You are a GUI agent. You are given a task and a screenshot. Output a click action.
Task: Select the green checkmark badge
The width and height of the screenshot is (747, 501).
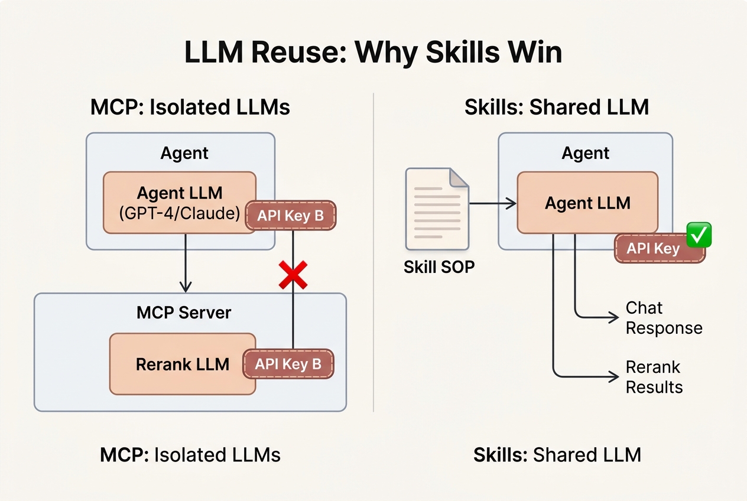699,235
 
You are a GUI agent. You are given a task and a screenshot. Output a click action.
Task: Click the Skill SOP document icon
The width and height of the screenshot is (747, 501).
437,209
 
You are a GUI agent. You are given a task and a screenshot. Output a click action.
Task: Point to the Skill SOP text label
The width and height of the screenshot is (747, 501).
439,267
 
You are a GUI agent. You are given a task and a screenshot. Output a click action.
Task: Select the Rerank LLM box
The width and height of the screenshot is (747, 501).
182,364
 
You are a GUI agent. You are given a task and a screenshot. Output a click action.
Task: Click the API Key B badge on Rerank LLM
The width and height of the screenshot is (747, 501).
288,364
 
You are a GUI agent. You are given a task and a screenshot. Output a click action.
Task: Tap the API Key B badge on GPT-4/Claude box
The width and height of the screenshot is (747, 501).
290,216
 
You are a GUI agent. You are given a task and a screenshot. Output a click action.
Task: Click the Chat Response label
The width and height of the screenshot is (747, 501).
663,318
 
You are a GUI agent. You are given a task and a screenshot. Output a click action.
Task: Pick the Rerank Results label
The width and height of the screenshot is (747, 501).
654,377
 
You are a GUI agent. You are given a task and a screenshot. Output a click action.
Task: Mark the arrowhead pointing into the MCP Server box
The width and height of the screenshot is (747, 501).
186,287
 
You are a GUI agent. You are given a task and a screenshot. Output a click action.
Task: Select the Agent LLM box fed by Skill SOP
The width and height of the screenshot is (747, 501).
587,203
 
